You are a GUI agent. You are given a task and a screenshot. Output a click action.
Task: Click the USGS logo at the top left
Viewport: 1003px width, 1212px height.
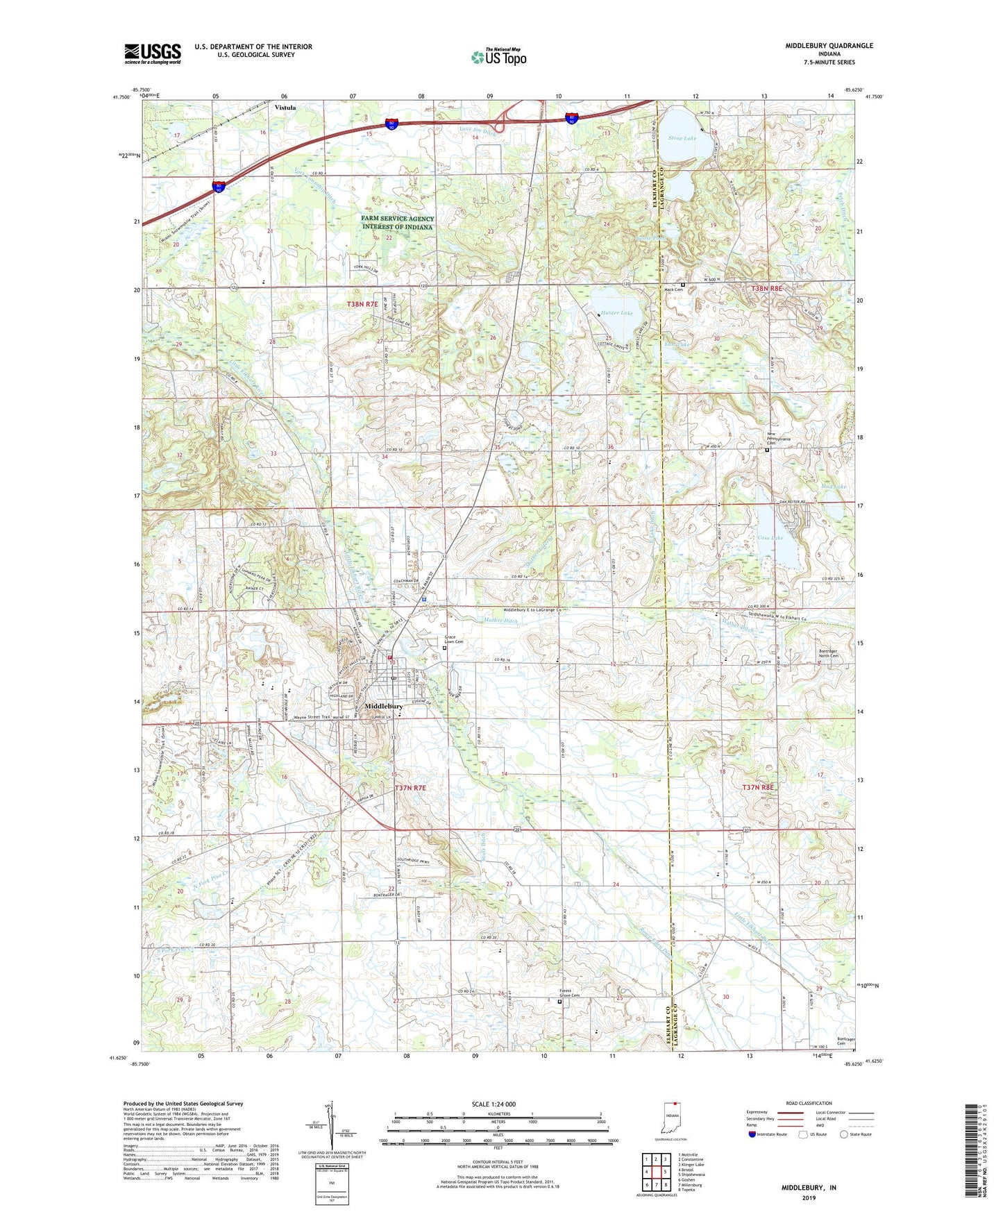click(x=153, y=53)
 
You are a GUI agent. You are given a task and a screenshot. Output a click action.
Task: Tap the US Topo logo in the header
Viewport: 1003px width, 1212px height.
click(x=498, y=57)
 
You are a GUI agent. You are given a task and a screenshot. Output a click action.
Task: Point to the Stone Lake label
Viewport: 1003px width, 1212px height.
click(x=681, y=138)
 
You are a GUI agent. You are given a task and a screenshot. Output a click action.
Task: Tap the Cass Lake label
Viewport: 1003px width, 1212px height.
click(x=770, y=538)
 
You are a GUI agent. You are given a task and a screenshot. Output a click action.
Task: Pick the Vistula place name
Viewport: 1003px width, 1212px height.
click(x=285, y=108)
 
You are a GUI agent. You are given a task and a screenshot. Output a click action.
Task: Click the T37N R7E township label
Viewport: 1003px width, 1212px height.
click(x=410, y=788)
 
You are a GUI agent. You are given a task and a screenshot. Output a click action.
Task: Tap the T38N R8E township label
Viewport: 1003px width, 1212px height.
click(x=766, y=288)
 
